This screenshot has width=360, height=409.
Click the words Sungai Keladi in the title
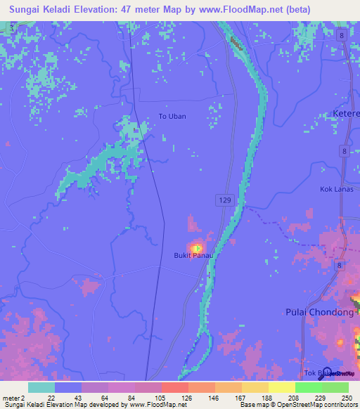coord(41,9)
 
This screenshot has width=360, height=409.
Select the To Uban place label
coord(172,116)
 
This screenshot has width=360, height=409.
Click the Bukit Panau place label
coord(193,255)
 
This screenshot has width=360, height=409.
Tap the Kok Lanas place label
coord(335,189)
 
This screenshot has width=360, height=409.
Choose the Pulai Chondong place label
coord(320,312)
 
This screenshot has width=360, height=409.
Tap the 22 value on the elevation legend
coord(51,398)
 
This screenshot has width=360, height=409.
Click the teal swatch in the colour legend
coord(41,387)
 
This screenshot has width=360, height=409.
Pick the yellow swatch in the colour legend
coord(281,387)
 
